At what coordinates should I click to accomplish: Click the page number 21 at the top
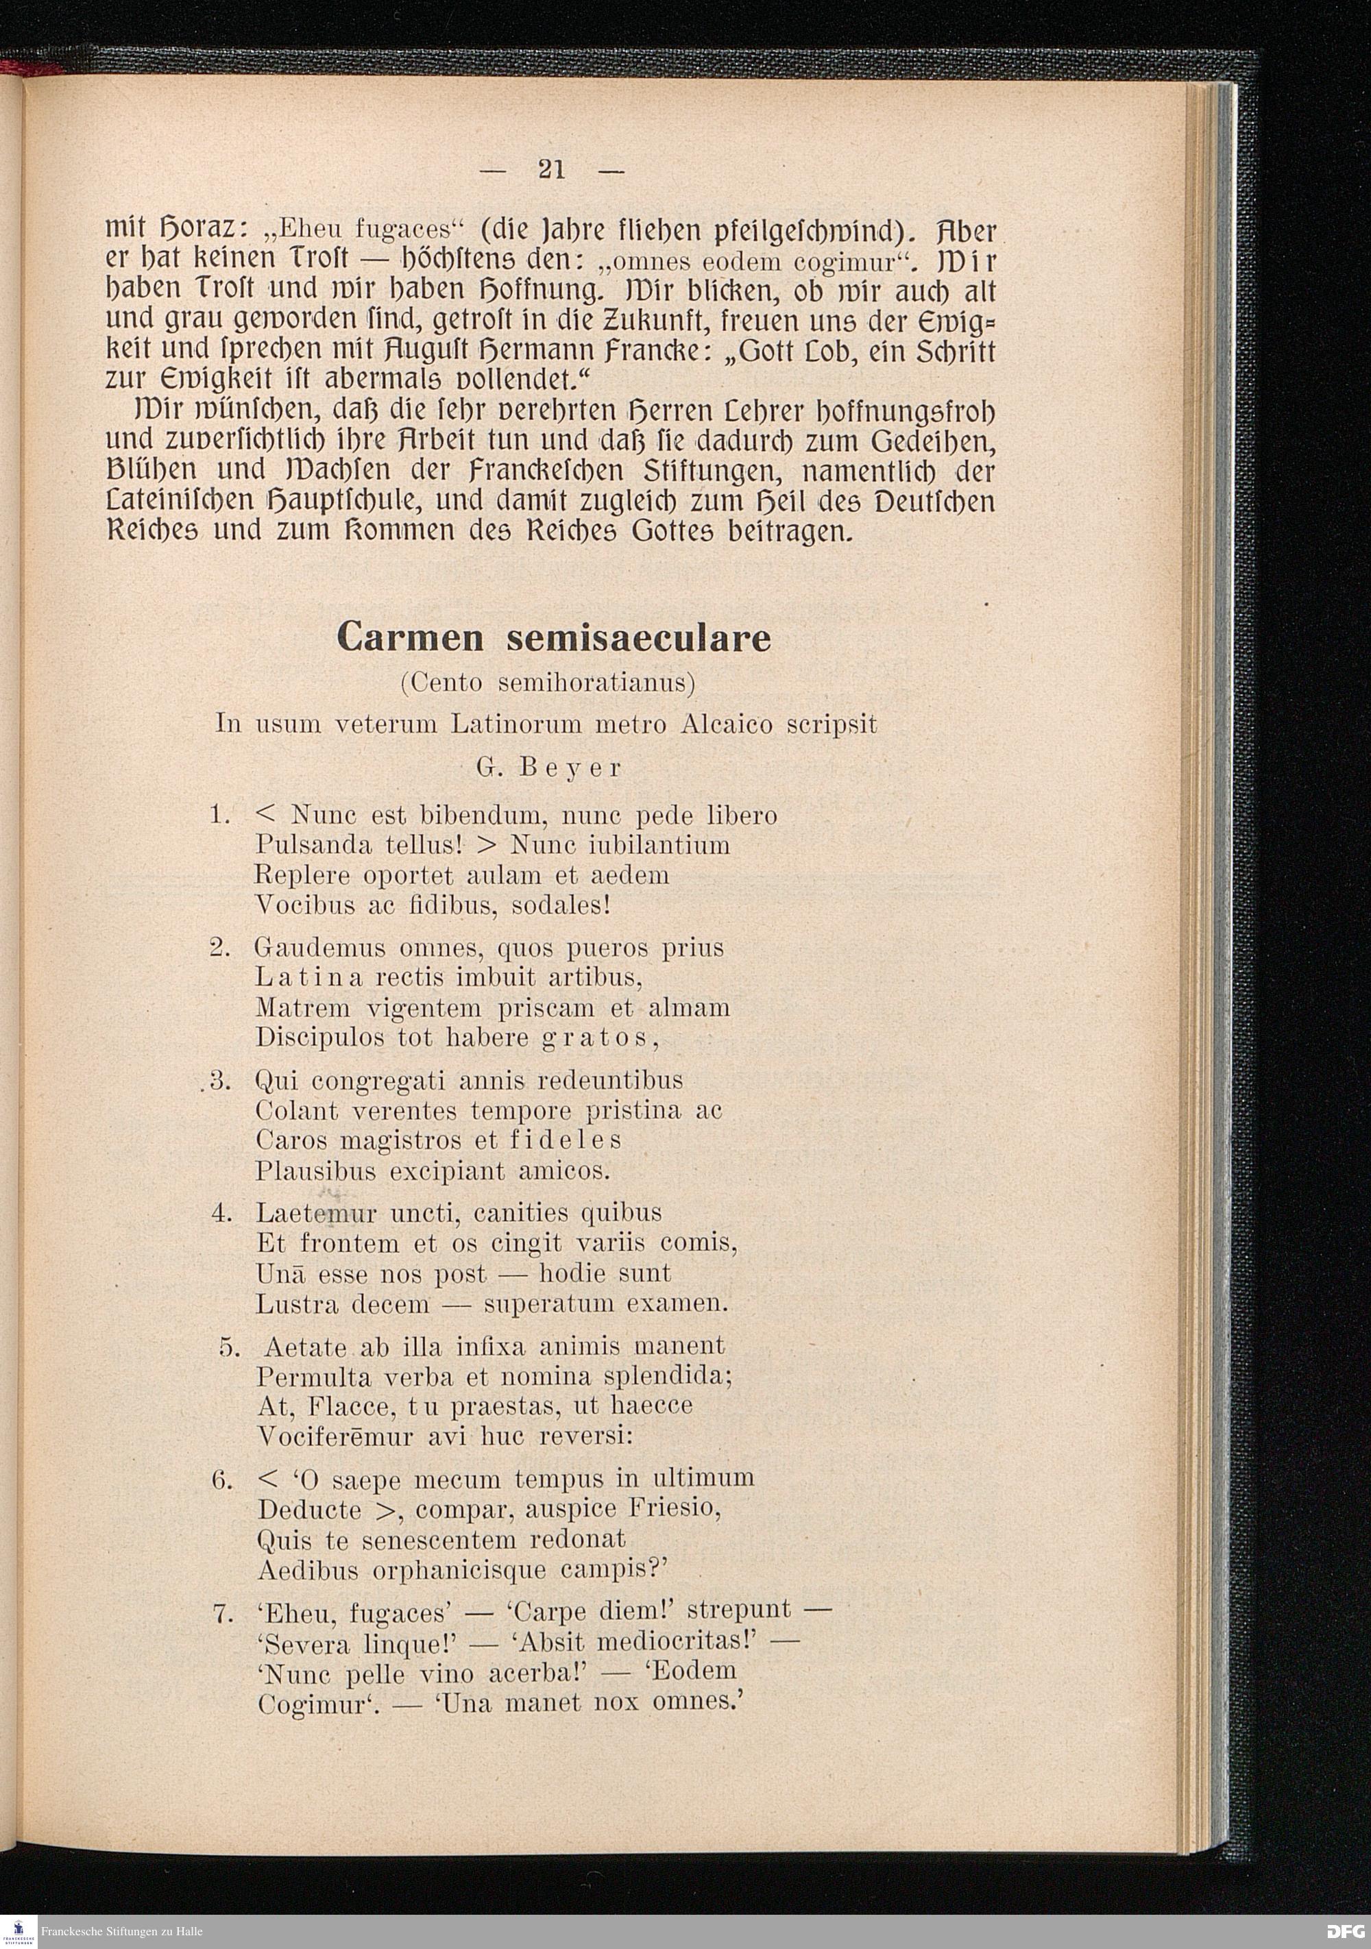point(552,171)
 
